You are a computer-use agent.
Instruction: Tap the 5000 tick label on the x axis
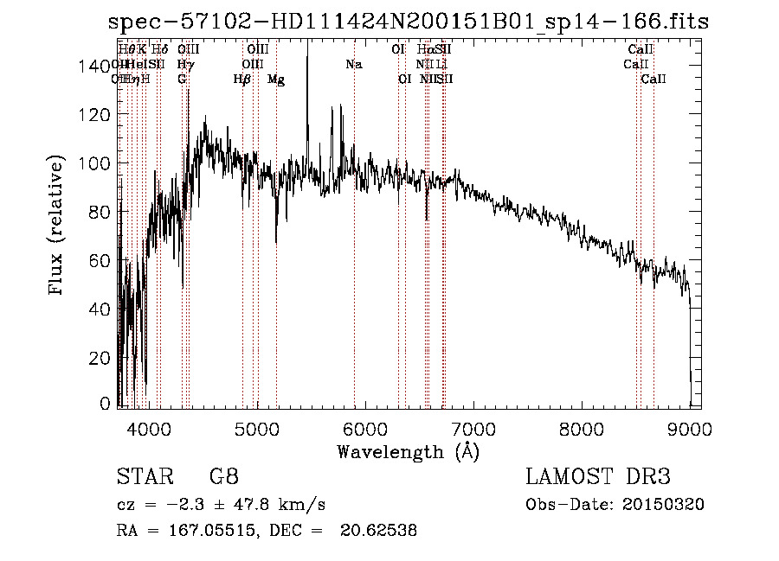[256, 428]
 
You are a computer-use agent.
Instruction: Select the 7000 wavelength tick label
[473, 428]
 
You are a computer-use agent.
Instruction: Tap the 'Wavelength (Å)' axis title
[408, 451]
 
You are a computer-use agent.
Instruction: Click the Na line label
[353, 64]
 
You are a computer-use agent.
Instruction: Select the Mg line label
[275, 80]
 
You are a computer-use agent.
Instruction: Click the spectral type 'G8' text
[224, 476]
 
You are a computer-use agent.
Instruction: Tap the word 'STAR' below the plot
[143, 476]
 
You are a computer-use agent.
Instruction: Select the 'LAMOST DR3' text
[598, 476]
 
